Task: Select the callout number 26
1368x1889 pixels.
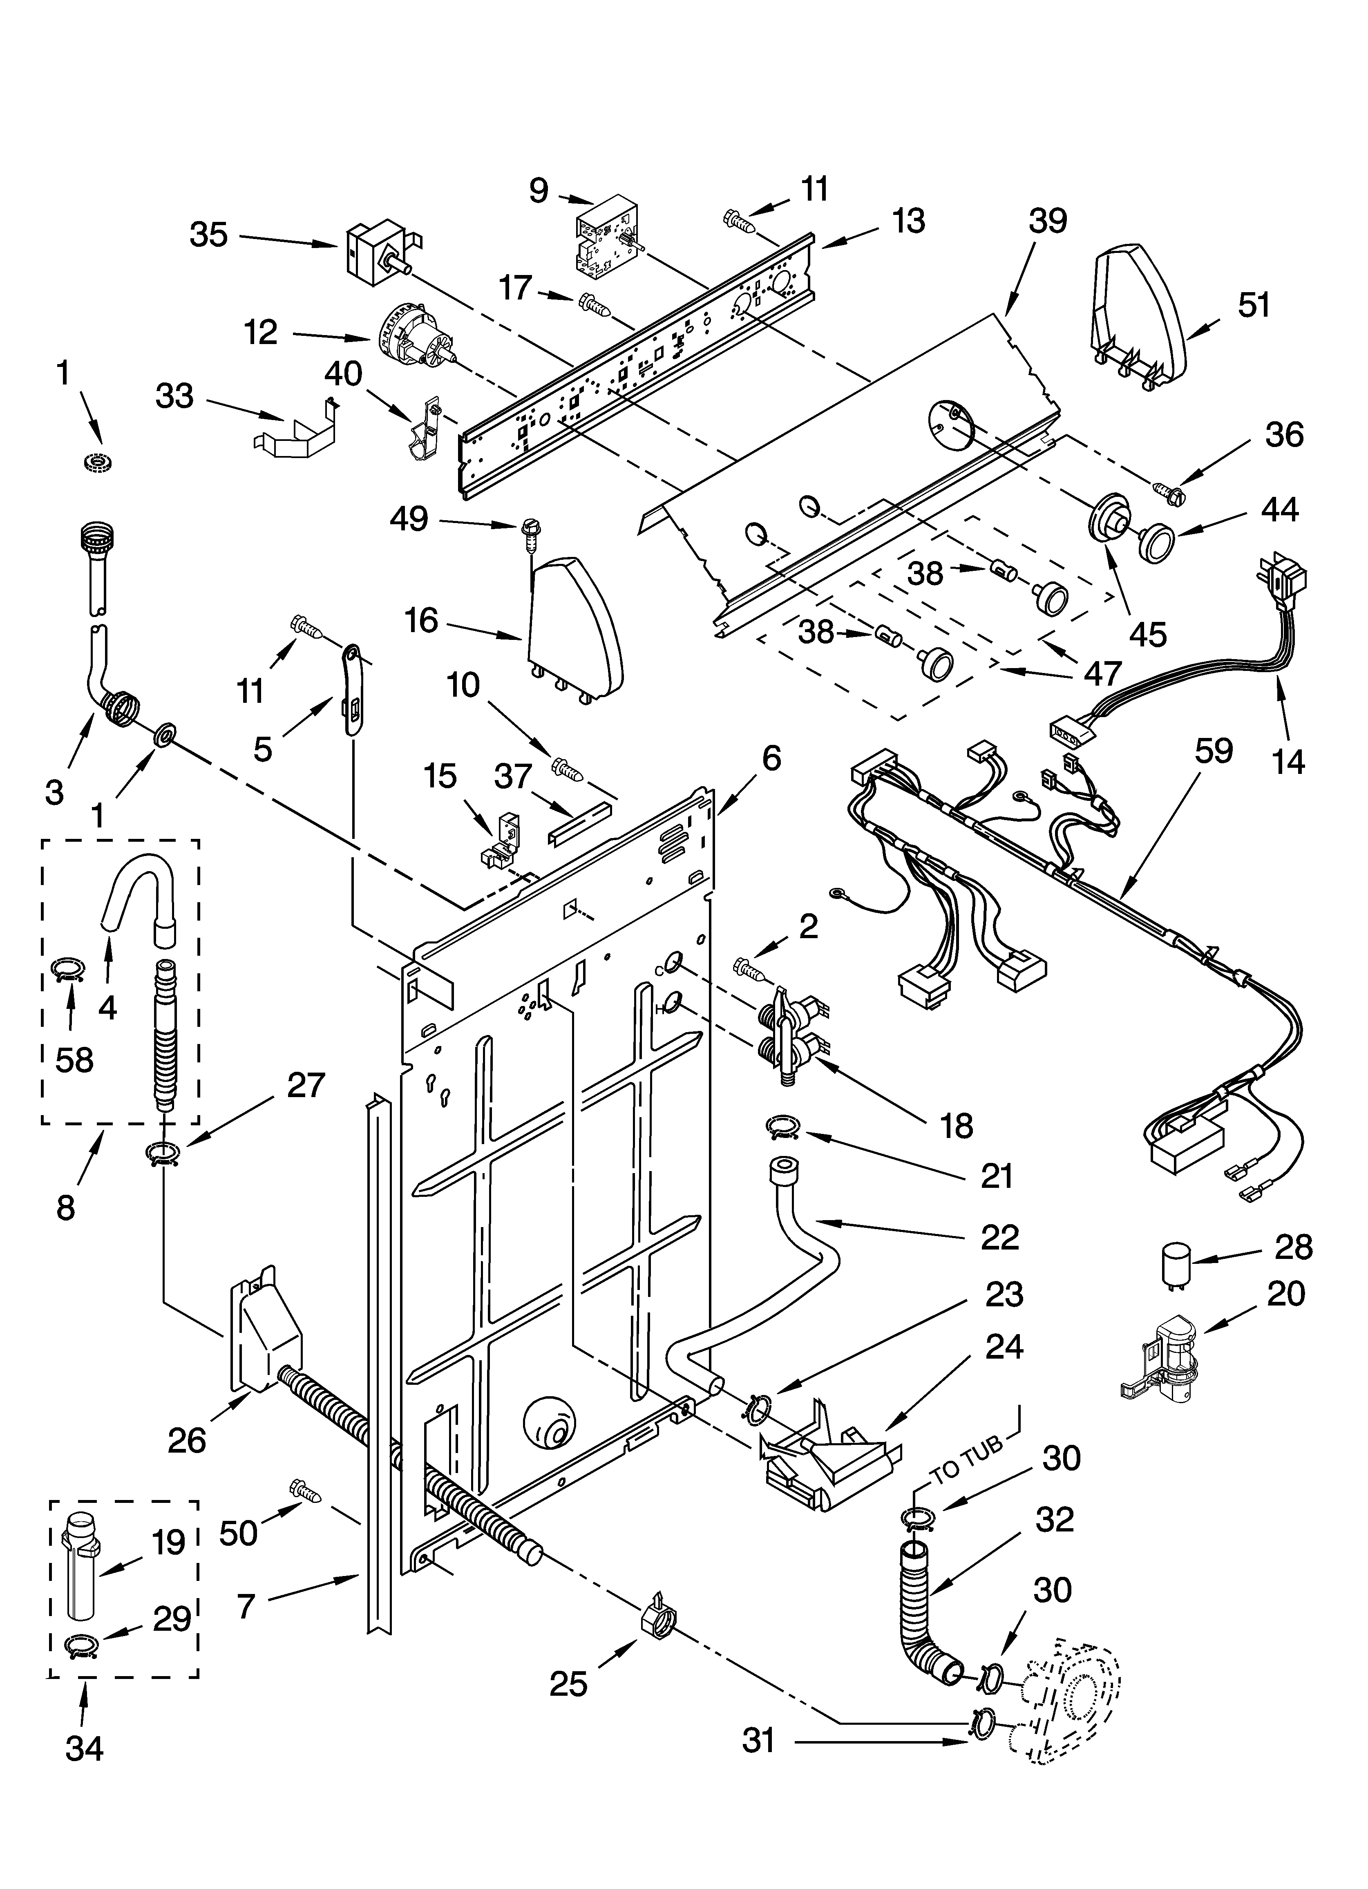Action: [187, 1440]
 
